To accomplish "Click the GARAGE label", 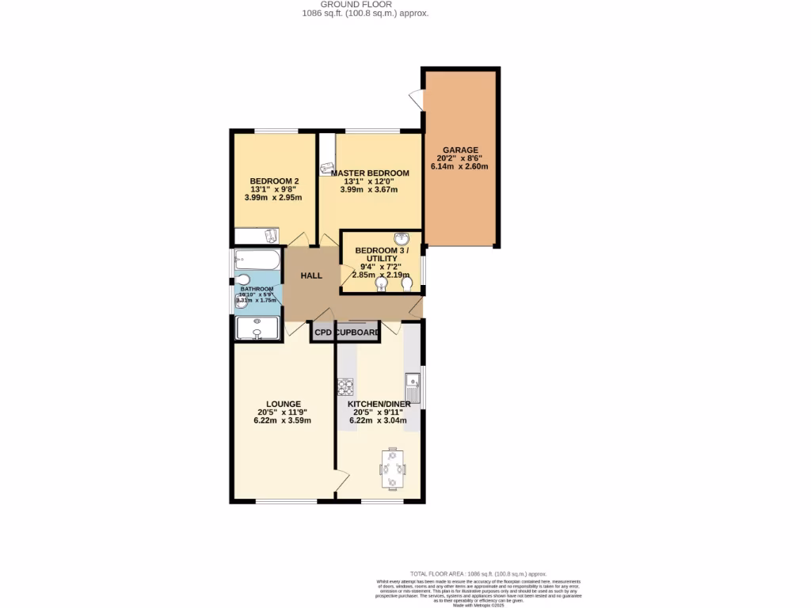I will (x=459, y=150).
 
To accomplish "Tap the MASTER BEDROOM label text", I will (x=370, y=173).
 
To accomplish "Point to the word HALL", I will (x=311, y=275).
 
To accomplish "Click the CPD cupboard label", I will (x=322, y=333).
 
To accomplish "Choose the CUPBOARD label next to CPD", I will (x=357, y=333).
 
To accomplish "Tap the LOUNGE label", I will (x=282, y=404).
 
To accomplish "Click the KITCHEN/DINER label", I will (x=379, y=404).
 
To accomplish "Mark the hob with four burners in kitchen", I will (x=346, y=388).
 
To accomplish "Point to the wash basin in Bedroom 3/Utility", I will (x=401, y=240).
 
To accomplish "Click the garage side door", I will (x=416, y=100).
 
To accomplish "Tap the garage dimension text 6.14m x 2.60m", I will (x=459, y=167).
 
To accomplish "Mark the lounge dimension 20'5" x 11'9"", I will (x=282, y=412).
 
